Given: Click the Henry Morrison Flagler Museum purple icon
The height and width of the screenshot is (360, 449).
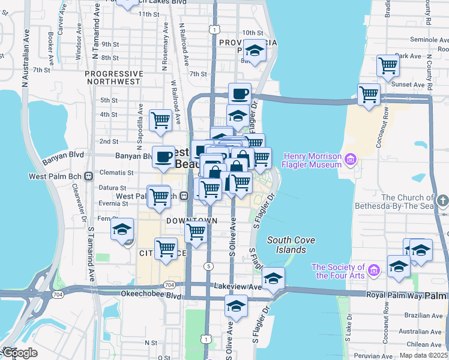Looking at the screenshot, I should click(x=351, y=160).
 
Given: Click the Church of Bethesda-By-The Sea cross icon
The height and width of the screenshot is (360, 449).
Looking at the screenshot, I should click(x=444, y=198).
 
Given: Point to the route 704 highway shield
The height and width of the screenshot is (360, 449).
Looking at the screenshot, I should click(x=170, y=284).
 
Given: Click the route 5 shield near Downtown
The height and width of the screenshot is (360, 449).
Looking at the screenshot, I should click(x=208, y=266).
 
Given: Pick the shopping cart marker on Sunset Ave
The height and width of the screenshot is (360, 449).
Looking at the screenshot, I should click(x=369, y=94).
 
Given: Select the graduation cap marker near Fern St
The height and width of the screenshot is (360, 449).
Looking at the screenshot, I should click(x=122, y=230).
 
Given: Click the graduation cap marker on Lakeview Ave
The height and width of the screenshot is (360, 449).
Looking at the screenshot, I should click(x=273, y=278).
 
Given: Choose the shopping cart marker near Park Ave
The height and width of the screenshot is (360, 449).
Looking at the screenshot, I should click(x=388, y=65).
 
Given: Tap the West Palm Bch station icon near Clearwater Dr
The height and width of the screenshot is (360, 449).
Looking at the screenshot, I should click(x=88, y=176).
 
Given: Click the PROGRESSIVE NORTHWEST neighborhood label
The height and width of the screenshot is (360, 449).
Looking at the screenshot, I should click(x=114, y=74).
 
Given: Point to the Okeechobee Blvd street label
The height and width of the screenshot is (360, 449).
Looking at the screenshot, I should click(x=139, y=296).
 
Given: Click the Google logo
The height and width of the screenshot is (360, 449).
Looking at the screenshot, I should click(x=19, y=353).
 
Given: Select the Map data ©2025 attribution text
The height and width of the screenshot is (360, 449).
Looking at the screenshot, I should click(x=423, y=355).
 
